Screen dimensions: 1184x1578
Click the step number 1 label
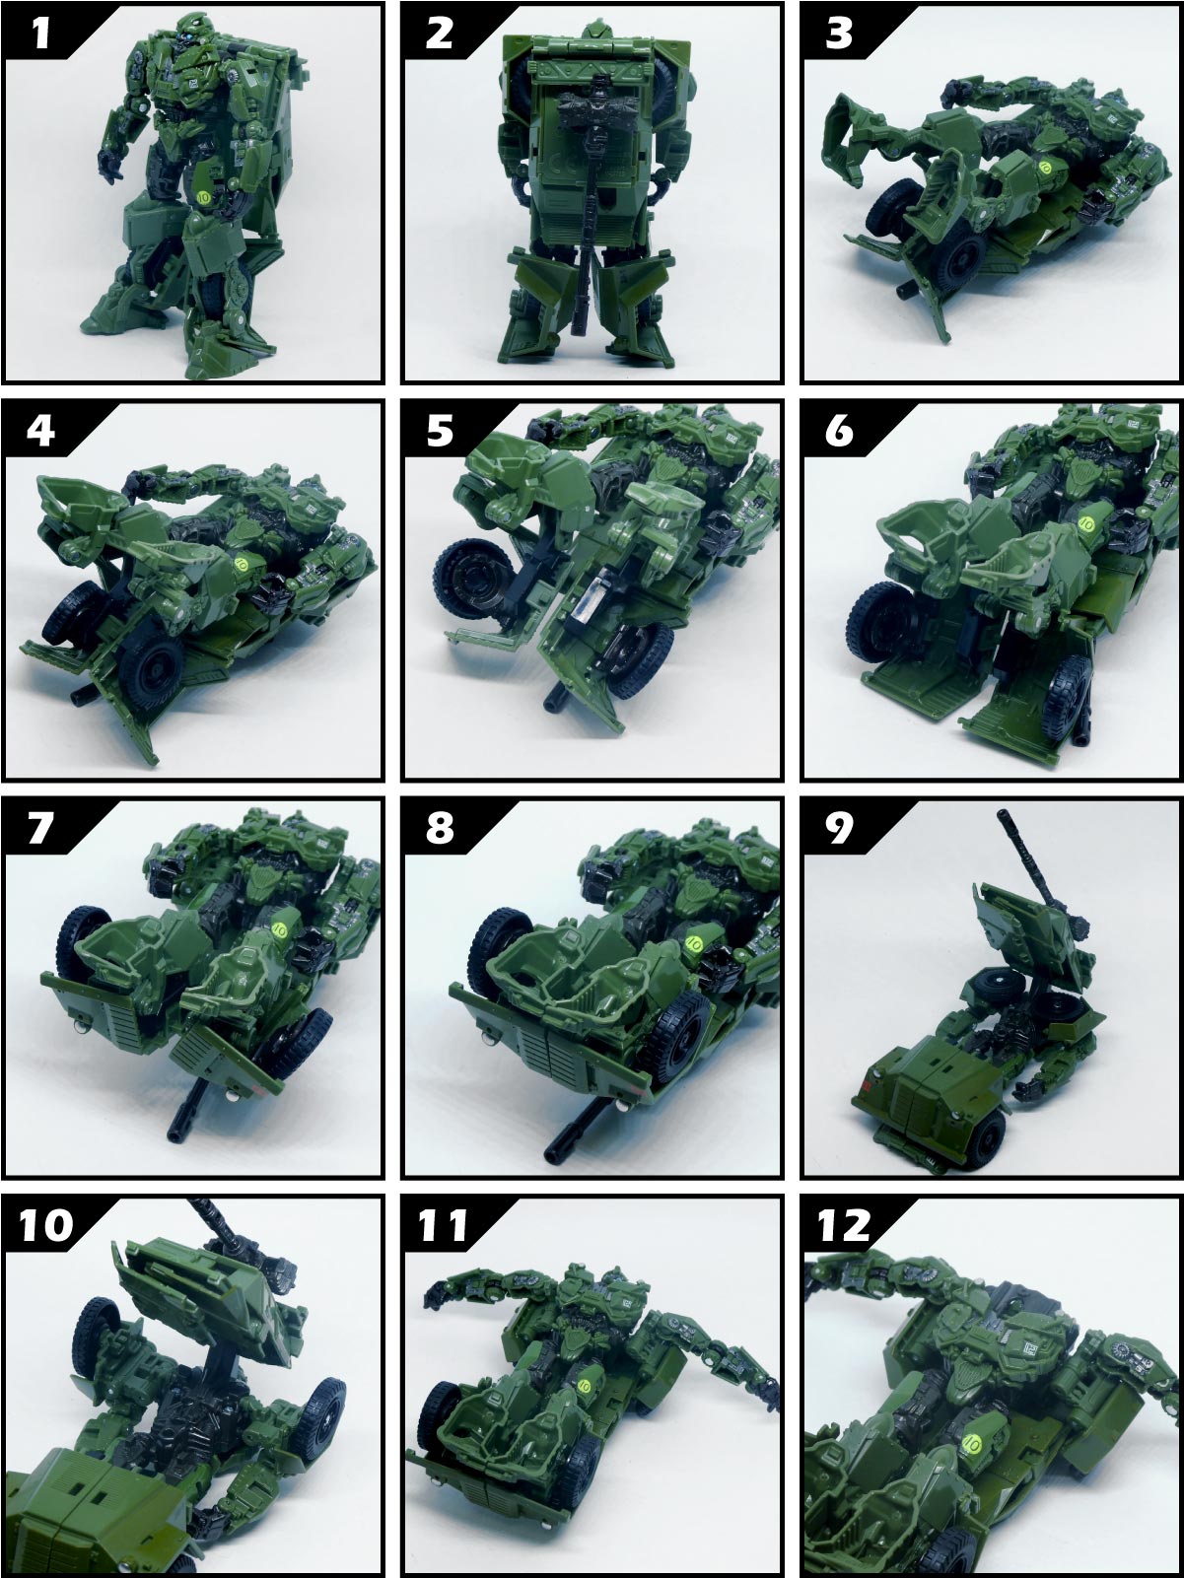click(41, 34)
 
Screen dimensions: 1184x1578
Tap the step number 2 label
click(440, 34)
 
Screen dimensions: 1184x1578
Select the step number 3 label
click(839, 34)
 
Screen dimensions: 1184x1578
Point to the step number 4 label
click(41, 431)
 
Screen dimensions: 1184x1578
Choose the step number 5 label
click(440, 431)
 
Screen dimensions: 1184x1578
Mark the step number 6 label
click(839, 431)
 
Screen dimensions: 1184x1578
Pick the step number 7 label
click(40, 828)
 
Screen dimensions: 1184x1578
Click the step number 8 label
click(440, 828)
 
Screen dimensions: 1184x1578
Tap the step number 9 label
click(839, 828)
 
